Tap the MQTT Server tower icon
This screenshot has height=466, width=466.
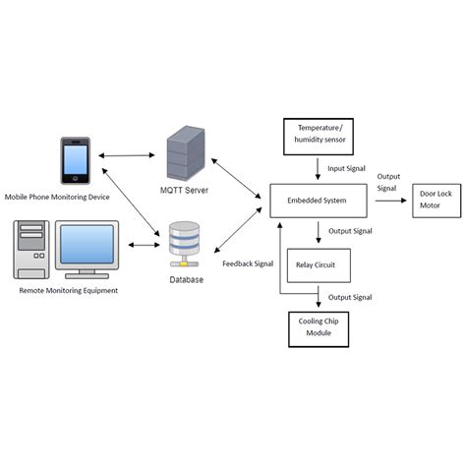coord(183,149)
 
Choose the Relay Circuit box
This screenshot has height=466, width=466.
coord(318,264)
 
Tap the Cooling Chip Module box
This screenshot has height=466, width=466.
coord(318,328)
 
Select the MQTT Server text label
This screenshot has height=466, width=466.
coord(184,189)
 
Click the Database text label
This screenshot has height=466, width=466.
coord(184,280)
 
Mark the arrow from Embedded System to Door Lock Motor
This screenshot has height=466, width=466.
coord(385,201)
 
